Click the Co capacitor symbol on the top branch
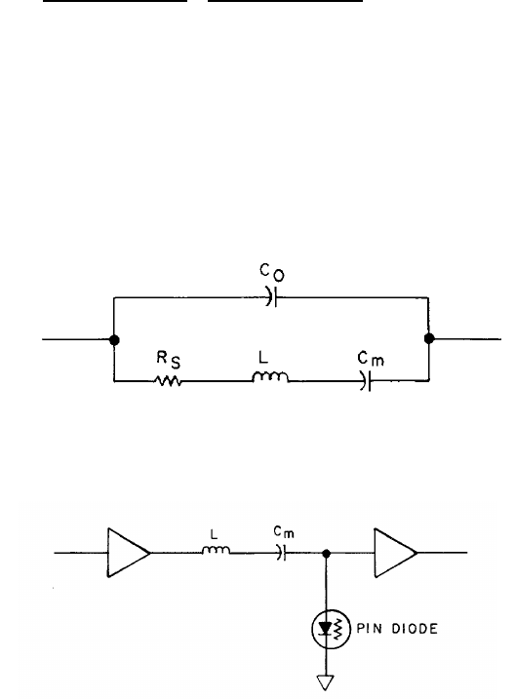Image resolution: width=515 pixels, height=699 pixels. coord(271,296)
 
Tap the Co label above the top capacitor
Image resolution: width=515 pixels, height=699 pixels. coord(272,272)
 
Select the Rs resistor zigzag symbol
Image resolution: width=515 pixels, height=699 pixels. coord(168,381)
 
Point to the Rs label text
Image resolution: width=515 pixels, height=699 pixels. coord(169,360)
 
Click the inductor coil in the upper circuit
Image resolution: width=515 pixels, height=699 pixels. coord(270,377)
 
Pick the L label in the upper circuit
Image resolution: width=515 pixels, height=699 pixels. coord(263,357)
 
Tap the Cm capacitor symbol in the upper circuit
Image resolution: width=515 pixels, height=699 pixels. coord(365,381)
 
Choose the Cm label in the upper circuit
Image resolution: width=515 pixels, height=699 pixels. coord(371,359)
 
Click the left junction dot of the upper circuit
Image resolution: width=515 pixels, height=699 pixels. coord(114,339)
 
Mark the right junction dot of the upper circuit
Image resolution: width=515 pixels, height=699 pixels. coord(429,339)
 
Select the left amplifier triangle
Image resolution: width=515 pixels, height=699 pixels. coord(129,553)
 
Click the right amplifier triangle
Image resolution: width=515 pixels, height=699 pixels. coord(395,553)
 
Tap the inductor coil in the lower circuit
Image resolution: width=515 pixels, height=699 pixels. coord(217,550)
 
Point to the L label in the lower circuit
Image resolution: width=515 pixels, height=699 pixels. coord(214,534)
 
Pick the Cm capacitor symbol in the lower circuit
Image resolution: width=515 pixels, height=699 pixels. coord(281,553)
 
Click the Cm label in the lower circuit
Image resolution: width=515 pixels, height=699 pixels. coord(284,531)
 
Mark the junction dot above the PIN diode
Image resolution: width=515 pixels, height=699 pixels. coord(326,553)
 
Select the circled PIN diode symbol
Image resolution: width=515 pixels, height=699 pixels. coord(331,629)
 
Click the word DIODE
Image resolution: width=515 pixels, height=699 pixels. coord(415,629)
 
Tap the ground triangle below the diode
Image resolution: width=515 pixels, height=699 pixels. coord(326,682)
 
